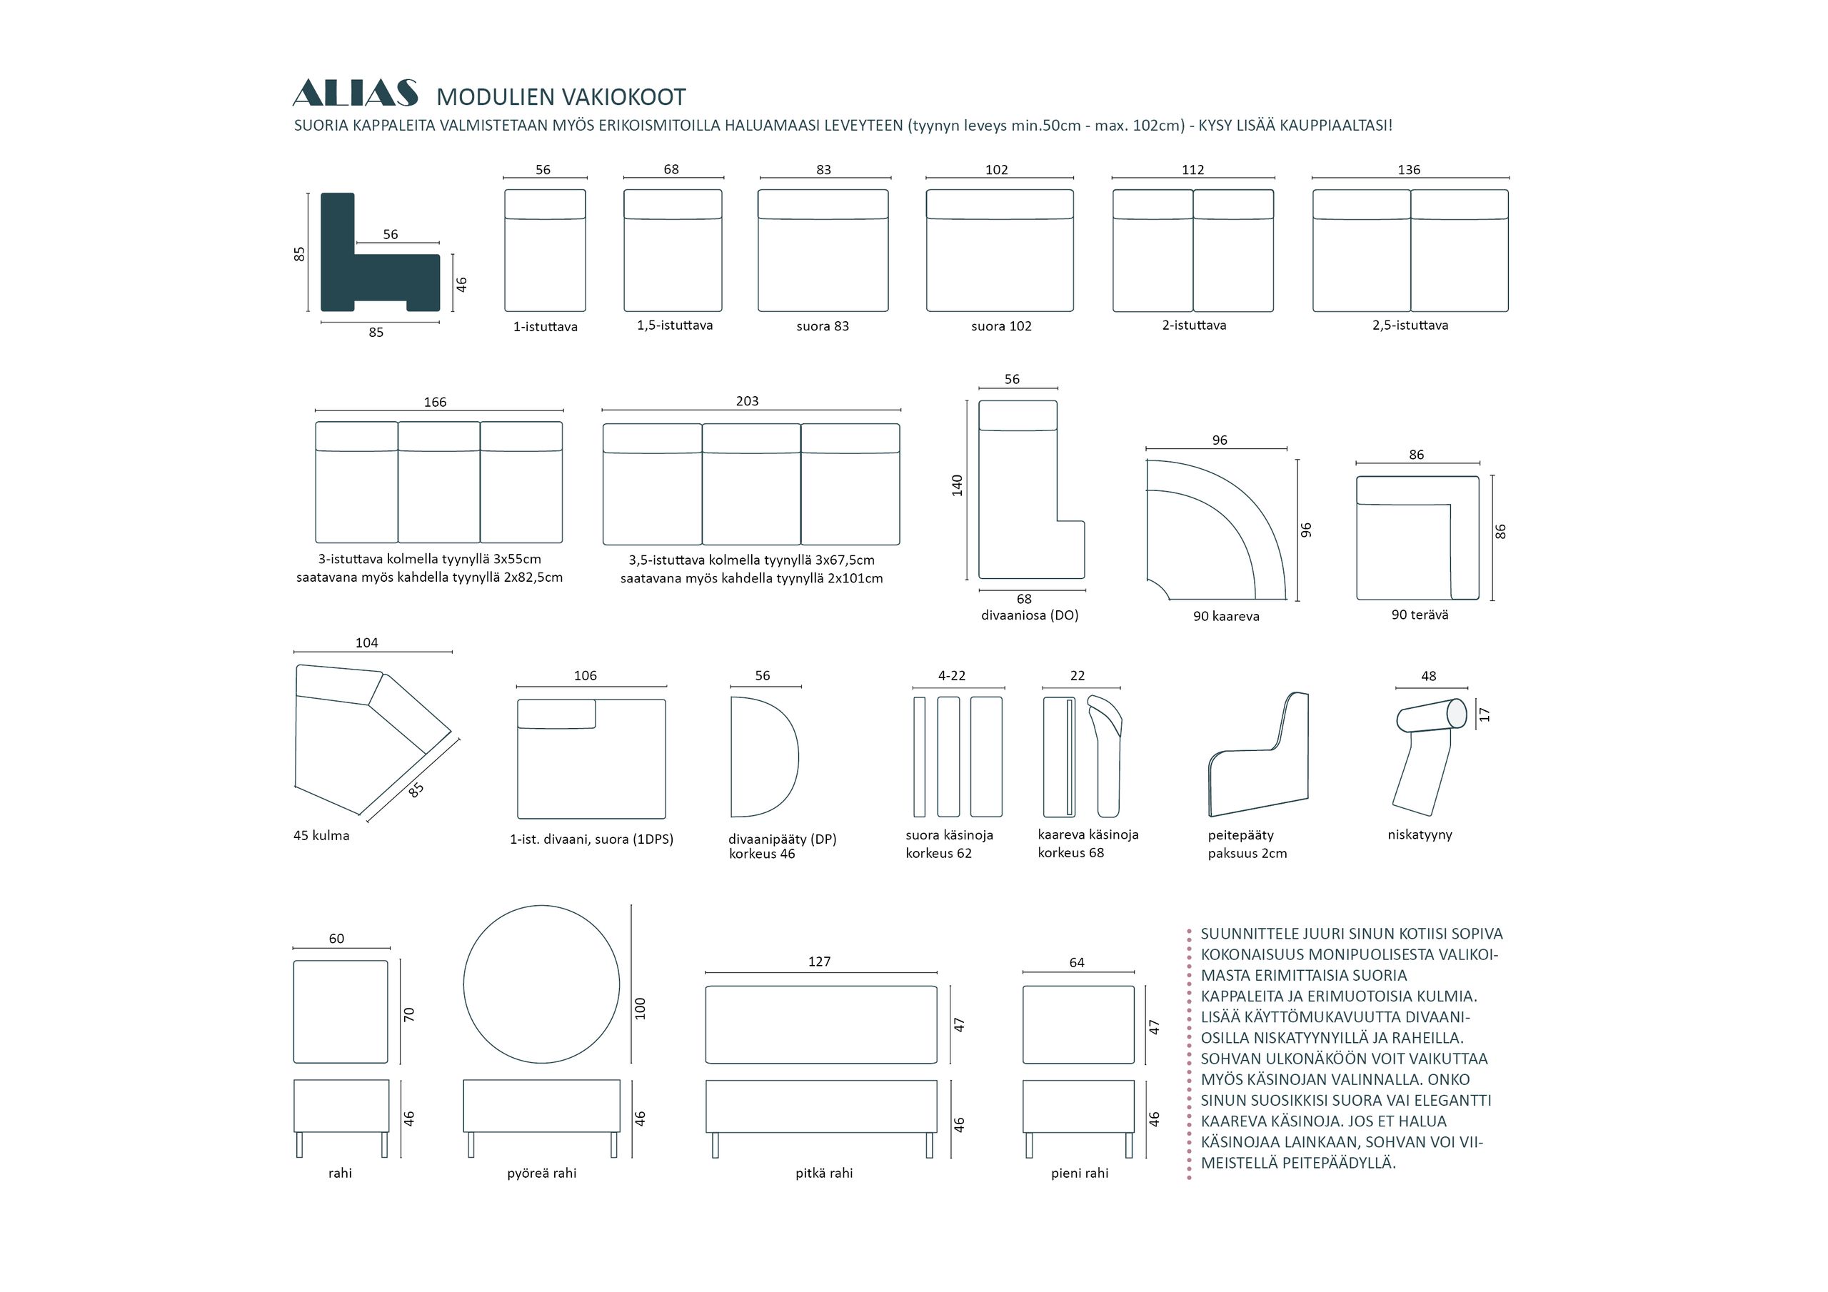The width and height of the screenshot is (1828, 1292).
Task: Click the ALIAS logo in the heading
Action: click(355, 93)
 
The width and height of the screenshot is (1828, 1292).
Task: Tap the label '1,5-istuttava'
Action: click(674, 325)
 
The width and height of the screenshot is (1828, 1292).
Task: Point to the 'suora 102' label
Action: click(1001, 326)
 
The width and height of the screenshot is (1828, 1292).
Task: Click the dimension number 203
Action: click(747, 401)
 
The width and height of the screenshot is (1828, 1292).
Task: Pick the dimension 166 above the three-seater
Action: click(435, 402)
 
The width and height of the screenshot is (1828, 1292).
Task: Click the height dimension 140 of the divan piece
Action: click(957, 485)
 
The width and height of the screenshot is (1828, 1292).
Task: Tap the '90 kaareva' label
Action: click(1226, 616)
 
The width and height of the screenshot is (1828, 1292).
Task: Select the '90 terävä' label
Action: click(1420, 615)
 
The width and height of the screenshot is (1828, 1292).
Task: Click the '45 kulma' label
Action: click(321, 836)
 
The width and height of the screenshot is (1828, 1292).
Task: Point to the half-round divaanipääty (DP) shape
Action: click(764, 757)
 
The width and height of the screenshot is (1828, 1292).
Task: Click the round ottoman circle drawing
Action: click(541, 984)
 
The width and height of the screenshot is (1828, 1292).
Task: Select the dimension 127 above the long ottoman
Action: click(819, 962)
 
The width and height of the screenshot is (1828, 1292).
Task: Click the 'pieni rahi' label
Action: click(1080, 1174)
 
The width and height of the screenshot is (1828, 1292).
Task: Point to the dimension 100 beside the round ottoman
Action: click(640, 1009)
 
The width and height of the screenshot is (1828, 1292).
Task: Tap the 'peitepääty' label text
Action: click(1240, 835)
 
